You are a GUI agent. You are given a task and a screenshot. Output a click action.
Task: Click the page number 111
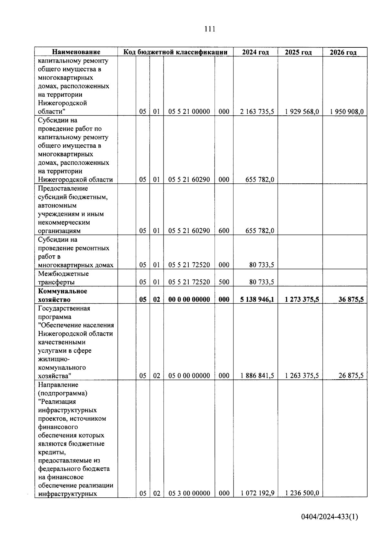[x=210, y=29]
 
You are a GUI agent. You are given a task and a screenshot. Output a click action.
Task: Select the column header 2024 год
[x=255, y=52]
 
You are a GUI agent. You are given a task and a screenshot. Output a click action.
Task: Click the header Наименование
[x=76, y=52]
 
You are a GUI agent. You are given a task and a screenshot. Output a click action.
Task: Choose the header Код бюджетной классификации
[x=176, y=52]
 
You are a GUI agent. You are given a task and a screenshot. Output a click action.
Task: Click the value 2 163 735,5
[x=257, y=112]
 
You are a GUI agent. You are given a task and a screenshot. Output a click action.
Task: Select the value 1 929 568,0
[x=302, y=112]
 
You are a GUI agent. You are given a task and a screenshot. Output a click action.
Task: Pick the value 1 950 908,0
[x=347, y=112]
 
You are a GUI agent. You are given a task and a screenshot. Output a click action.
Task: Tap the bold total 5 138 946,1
[x=257, y=299]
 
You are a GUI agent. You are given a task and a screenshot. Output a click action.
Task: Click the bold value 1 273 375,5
[x=302, y=299]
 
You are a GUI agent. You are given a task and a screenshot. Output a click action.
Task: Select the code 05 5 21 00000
[x=189, y=112]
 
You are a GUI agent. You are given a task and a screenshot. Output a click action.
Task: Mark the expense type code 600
[x=224, y=231]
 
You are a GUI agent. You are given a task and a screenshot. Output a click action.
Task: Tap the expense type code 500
[x=224, y=282]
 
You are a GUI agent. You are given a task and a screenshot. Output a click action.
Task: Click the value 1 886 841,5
[x=257, y=376]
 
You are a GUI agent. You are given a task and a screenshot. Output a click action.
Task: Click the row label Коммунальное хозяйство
[x=63, y=295]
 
